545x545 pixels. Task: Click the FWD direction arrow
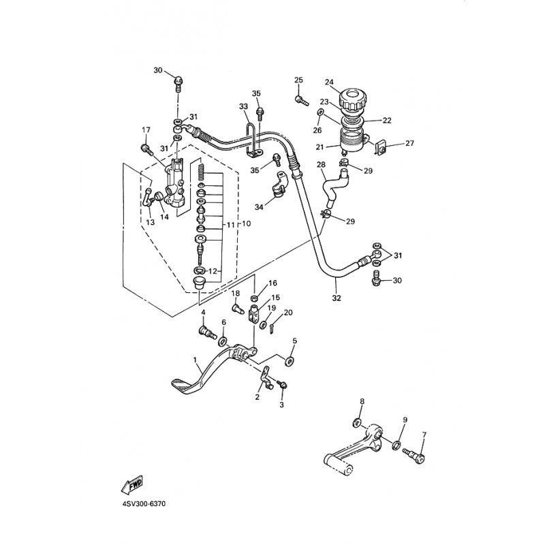(x=132, y=484)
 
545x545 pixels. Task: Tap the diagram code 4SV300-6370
(x=144, y=503)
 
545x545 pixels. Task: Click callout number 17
(x=146, y=130)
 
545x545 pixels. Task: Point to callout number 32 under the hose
(x=337, y=298)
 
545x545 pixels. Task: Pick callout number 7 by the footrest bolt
(x=424, y=434)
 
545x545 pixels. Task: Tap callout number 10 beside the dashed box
(x=246, y=223)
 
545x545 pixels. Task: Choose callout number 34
(x=259, y=207)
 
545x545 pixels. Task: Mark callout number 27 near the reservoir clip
(x=410, y=143)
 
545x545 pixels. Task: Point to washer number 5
(x=289, y=361)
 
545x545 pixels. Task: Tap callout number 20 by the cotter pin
(x=288, y=313)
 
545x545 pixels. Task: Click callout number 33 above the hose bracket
(x=244, y=106)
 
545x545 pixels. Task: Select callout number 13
(x=150, y=222)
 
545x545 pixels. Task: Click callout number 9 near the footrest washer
(x=405, y=420)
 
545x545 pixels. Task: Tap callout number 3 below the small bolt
(x=281, y=405)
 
